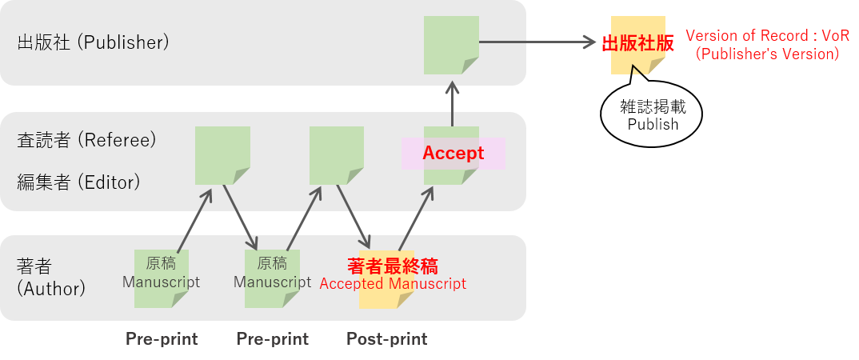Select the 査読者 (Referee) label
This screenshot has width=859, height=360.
pyautogui.click(x=86, y=140)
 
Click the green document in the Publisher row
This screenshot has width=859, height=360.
pyautogui.click(x=451, y=44)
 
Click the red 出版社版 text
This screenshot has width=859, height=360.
pyautogui.click(x=637, y=43)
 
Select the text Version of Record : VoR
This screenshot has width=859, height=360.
pyautogui.click(x=767, y=37)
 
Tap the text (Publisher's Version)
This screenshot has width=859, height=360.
pyautogui.click(x=767, y=54)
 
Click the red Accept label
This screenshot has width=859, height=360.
pyautogui.click(x=453, y=153)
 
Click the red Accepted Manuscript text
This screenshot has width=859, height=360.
pyautogui.click(x=393, y=284)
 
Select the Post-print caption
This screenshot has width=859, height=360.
pyautogui.click(x=386, y=339)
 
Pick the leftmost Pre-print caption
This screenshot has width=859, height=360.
pyautogui.click(x=162, y=339)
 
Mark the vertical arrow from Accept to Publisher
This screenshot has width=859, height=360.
pyautogui.click(x=452, y=102)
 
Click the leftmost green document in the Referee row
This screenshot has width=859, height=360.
pyautogui.click(x=222, y=154)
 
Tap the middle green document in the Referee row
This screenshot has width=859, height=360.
pyautogui.click(x=337, y=154)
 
